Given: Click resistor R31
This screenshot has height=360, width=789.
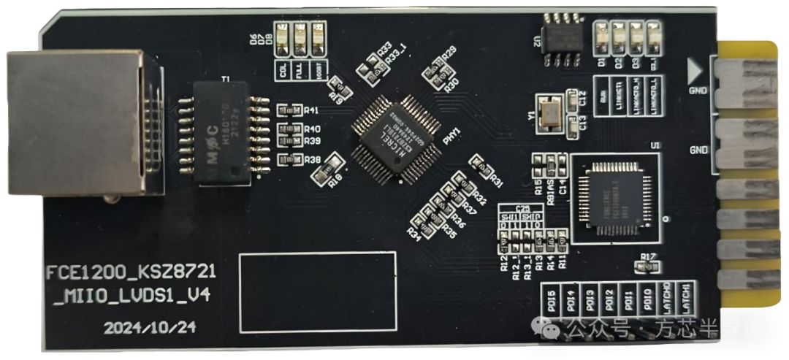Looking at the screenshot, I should pos(482,169).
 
